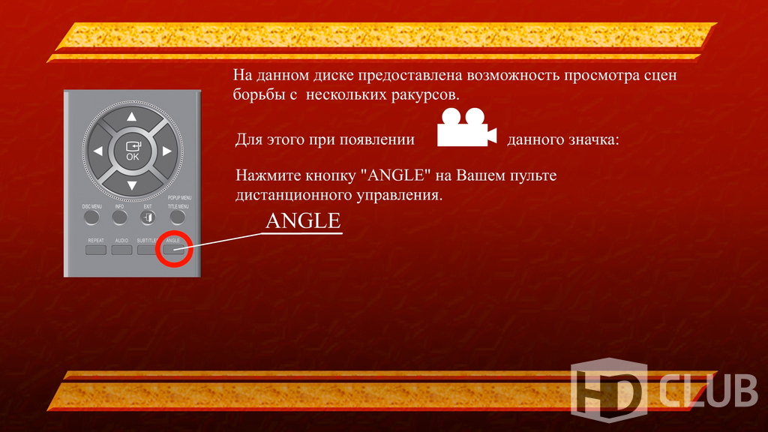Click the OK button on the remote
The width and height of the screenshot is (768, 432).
click(133, 151)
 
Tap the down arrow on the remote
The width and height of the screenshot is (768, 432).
click(132, 186)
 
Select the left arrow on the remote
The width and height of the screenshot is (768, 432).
click(98, 151)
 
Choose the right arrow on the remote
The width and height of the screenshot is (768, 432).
click(167, 151)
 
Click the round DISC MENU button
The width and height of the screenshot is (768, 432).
click(91, 217)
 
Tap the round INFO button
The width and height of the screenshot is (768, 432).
click(119, 217)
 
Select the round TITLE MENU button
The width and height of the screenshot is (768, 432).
click(177, 217)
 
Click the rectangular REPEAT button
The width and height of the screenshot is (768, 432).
click(96, 250)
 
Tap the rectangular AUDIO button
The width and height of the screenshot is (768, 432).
click(121, 250)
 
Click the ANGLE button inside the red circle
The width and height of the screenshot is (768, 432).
click(173, 250)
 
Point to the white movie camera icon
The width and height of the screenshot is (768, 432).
click(466, 127)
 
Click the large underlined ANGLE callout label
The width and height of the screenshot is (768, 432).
click(303, 221)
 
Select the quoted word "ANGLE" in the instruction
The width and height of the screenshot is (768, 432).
click(395, 175)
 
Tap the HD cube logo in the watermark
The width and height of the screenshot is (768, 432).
click(609, 390)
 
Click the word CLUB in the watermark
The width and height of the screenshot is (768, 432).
click(708, 391)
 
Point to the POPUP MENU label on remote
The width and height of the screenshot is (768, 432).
click(179, 198)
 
